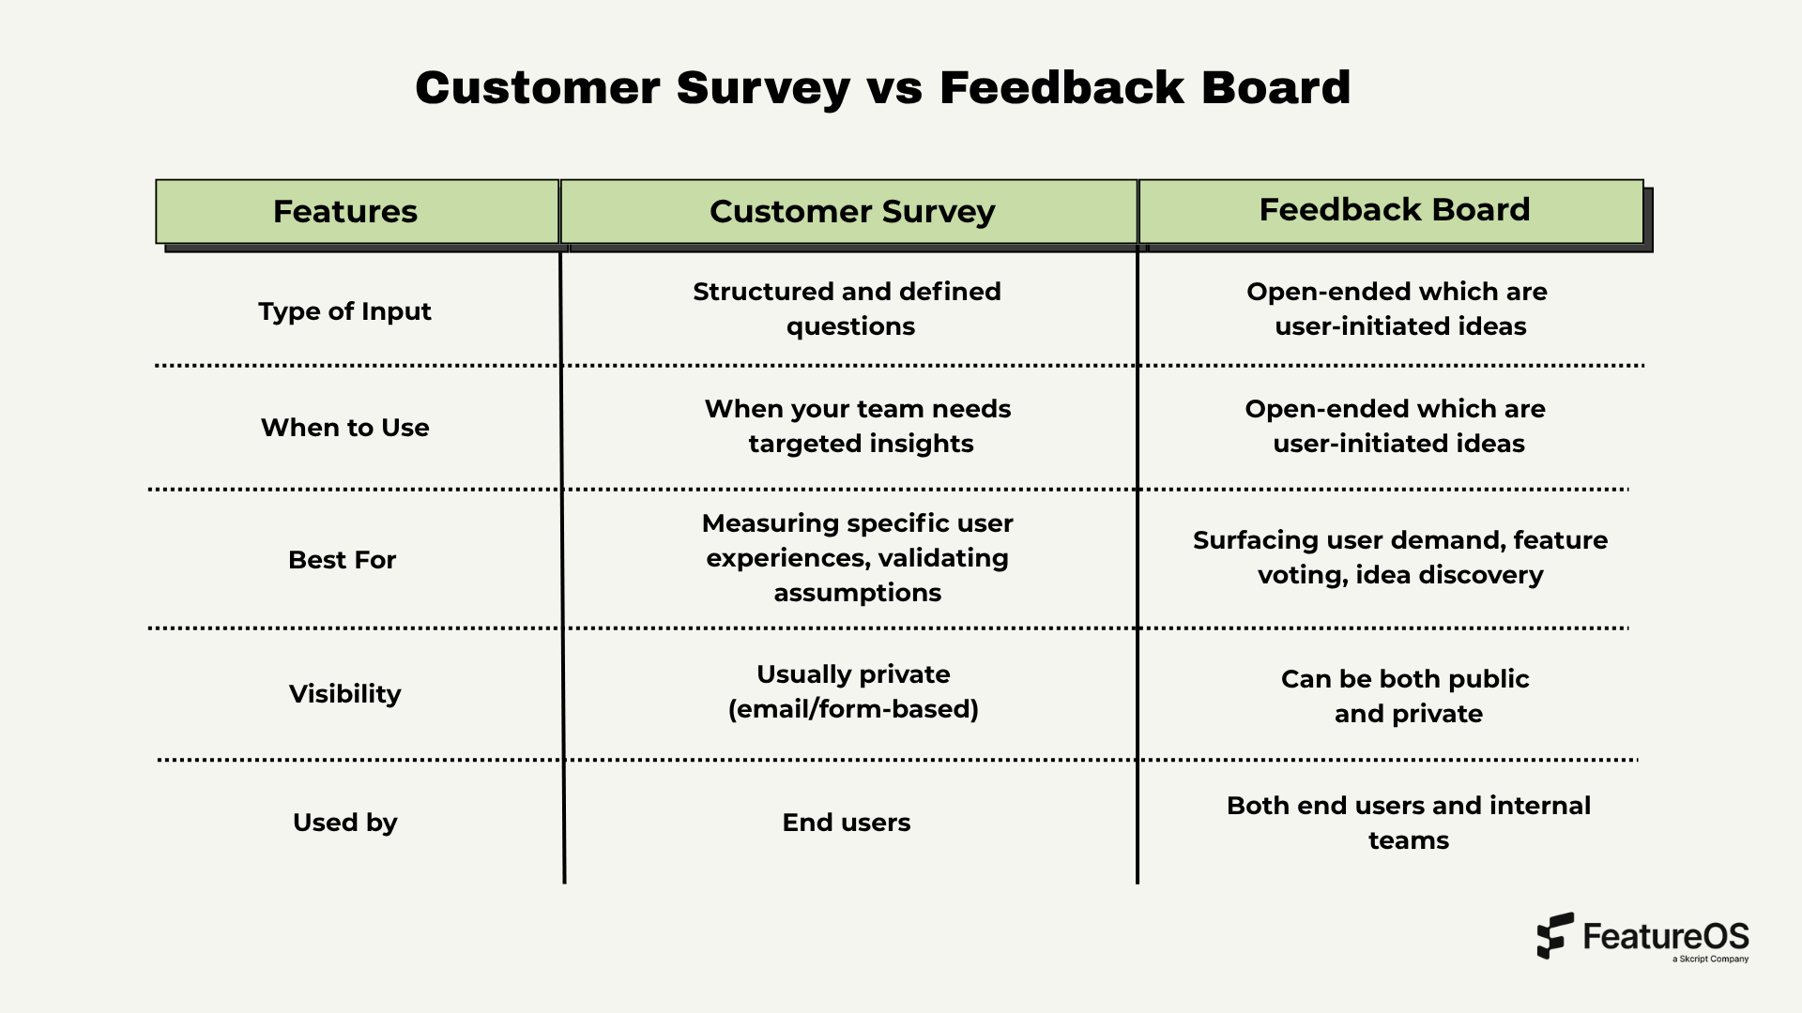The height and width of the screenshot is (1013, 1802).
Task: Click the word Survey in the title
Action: point(762,88)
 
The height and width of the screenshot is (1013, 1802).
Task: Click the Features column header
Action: point(345,212)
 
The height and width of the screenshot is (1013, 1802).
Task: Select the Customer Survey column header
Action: point(851,212)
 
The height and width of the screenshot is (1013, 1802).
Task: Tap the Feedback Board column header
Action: point(1394,210)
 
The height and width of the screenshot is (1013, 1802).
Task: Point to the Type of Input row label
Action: point(344,311)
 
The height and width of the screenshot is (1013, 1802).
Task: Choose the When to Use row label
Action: point(344,428)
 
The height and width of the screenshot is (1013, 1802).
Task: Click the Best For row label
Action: point(342,560)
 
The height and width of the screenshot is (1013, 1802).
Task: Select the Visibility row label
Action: point(344,694)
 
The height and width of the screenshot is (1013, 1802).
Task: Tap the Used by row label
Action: point(344,823)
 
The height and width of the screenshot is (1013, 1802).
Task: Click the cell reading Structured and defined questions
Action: point(848,309)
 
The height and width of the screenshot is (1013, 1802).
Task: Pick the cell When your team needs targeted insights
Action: point(858,426)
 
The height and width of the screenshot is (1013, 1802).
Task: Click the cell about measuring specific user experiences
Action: point(857,558)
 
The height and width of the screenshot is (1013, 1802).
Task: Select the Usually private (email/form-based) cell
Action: point(853,691)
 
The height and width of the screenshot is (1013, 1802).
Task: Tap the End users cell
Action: point(846,823)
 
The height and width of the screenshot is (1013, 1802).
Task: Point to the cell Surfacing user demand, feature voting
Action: point(1399,557)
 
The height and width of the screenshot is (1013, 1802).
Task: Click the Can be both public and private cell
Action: point(1406,696)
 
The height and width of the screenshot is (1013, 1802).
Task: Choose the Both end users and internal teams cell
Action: point(1408,823)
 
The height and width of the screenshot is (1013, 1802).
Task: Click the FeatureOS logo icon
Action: point(1554,935)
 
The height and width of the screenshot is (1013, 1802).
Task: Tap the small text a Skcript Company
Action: point(1710,960)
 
